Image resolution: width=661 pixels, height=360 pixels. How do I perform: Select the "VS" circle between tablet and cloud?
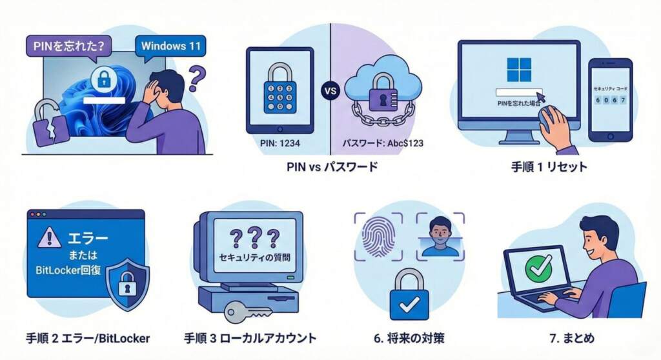click(330, 90)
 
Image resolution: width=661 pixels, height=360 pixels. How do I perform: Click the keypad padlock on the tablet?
click(280, 90)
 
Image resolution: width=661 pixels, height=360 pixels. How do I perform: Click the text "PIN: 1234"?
click(280, 143)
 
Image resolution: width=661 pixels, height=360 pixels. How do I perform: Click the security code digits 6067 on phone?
click(609, 100)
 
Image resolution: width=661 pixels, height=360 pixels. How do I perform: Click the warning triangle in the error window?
click(49, 238)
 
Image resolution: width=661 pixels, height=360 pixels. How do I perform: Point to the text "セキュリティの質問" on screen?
click(254, 257)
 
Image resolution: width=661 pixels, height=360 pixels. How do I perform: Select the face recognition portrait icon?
click(440, 235)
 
